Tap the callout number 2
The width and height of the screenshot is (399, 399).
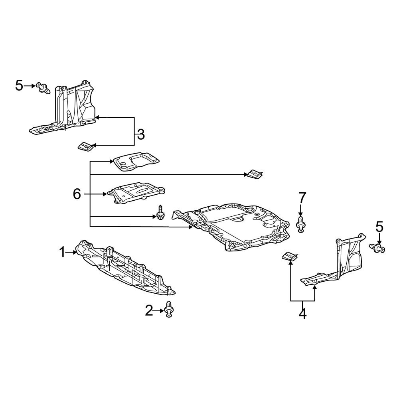coord(149,310)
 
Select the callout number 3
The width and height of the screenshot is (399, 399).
coord(140,135)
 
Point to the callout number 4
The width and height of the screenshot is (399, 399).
coord(302,314)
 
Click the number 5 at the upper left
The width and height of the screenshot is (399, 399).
coord(19,85)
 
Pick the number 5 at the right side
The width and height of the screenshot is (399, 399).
coord(379,227)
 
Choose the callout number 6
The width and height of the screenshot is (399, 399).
coord(77,194)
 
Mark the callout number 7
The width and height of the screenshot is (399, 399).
coord(302,197)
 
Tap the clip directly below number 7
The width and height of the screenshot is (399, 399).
coord(301,224)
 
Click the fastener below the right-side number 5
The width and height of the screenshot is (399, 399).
coord(377,249)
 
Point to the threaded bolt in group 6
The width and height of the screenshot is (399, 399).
coord(160,212)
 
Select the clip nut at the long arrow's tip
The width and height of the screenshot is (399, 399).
coord(254,174)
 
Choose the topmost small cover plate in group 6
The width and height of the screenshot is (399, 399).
coord(136,162)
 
